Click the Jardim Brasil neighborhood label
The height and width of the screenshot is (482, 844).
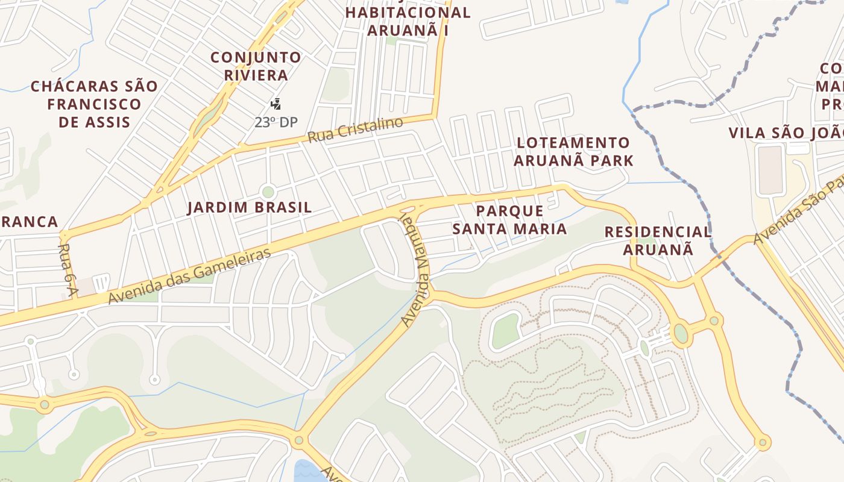coord(249,208)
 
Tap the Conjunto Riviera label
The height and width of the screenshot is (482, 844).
coord(256,66)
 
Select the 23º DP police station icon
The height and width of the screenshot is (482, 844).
coord(276,104)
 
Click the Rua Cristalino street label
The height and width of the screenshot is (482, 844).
coord(354,130)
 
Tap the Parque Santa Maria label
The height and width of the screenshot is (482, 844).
coord(509,220)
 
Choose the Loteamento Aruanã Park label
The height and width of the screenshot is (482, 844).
coord(573,152)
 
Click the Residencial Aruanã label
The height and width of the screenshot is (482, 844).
coord(658,240)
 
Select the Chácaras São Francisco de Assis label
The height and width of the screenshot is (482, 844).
coord(94,104)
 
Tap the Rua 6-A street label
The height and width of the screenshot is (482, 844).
coord(68,271)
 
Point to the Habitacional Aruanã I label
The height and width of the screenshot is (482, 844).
coord(408,21)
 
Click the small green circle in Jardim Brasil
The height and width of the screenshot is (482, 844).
coord(268,192)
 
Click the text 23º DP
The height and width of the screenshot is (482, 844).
coord(276,122)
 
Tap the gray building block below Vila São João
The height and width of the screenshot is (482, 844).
coord(770,170)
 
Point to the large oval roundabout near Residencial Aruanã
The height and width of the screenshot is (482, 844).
coord(681,333)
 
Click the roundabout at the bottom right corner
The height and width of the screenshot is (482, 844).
coord(763,443)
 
